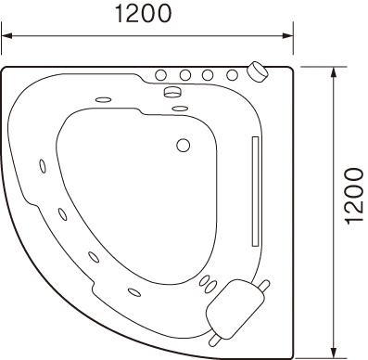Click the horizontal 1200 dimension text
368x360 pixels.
[143, 14]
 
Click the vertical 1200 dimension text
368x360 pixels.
[354, 196]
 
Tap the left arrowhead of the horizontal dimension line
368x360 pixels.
[6, 35]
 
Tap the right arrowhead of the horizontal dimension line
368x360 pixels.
[287, 35]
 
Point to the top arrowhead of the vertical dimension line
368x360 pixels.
[333, 72]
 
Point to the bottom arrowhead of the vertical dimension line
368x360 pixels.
[333, 352]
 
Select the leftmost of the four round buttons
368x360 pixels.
[160, 75]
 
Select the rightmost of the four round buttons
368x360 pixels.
[233, 75]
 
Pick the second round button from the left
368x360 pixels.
[185, 75]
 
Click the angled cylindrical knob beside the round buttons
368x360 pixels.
[258, 71]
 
